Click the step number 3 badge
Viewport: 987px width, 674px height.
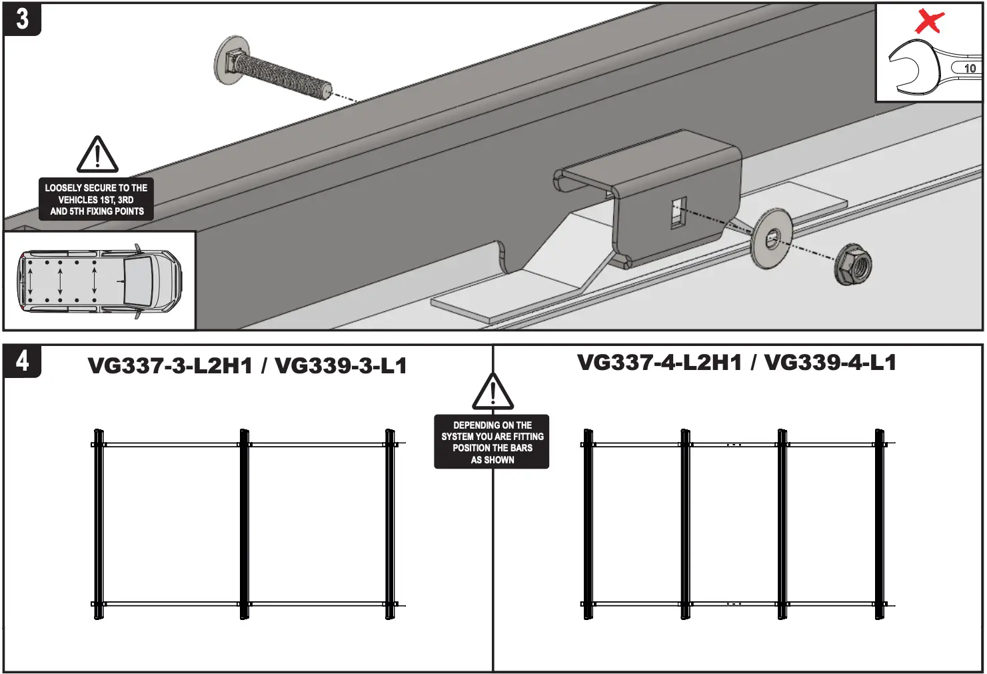[22, 19]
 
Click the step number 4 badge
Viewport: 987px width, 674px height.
[22, 361]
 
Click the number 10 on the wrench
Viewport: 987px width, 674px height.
[970, 68]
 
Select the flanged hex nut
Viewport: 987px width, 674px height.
[852, 265]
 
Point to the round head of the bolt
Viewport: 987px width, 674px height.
[231, 60]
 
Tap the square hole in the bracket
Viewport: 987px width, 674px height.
[678, 213]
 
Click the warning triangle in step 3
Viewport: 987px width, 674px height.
[97, 156]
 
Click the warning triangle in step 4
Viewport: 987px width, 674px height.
[493, 393]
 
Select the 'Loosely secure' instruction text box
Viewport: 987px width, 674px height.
[97, 199]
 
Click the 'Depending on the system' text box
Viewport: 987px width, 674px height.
[492, 442]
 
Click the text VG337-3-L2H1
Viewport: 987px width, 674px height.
[170, 366]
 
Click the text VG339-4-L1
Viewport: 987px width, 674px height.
[830, 363]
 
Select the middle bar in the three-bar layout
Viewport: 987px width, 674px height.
[244, 524]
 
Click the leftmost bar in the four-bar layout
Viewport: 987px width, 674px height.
[588, 524]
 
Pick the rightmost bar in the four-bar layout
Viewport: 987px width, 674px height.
[880, 524]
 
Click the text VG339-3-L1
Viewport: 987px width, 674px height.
[341, 366]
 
